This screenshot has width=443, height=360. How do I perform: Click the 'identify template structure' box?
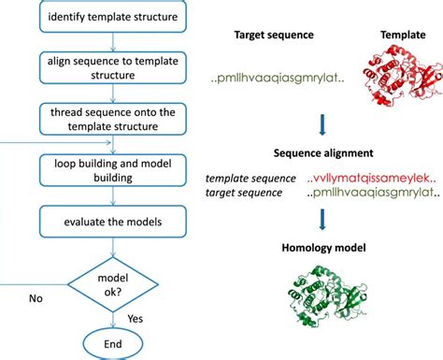(x=113, y=16)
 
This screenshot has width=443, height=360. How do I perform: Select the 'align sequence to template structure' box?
(x=113, y=68)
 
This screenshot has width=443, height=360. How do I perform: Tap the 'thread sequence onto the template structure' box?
(x=113, y=119)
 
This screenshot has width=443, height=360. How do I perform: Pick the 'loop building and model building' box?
(x=113, y=170)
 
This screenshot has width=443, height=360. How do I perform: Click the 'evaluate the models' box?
(x=113, y=222)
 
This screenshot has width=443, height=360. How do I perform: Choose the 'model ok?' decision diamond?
(x=113, y=284)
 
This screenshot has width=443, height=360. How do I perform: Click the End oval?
(x=113, y=344)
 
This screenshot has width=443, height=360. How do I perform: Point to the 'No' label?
(x=36, y=298)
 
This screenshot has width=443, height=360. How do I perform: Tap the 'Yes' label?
(x=136, y=319)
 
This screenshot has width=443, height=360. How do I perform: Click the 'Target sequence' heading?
(x=274, y=35)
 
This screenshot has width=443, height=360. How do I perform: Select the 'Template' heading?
(x=403, y=35)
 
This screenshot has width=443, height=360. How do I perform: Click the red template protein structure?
(x=403, y=75)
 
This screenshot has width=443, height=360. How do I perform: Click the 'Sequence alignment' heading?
(x=323, y=153)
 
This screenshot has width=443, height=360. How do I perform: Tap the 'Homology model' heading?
(x=323, y=248)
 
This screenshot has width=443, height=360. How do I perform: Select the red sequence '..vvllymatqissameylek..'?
(x=371, y=179)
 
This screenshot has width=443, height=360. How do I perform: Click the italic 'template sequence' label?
(x=250, y=179)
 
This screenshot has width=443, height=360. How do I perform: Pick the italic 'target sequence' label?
(x=244, y=193)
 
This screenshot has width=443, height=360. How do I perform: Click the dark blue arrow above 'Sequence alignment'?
(x=322, y=124)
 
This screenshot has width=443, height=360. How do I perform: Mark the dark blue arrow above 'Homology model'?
(x=322, y=220)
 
